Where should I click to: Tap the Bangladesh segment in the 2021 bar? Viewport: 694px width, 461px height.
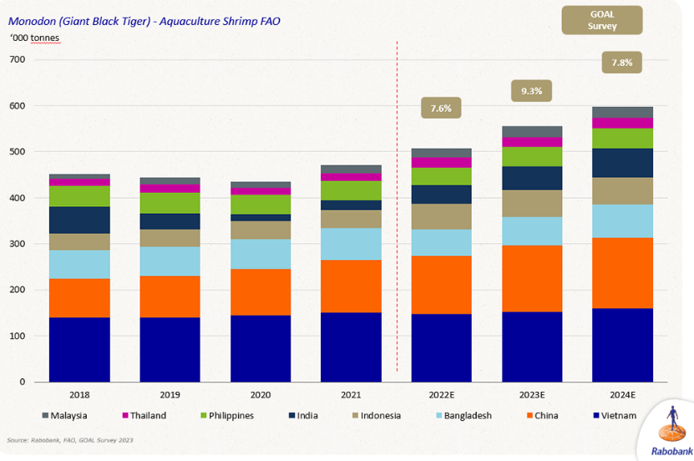[x=351, y=244]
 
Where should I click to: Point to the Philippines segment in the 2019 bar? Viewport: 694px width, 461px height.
[x=170, y=203]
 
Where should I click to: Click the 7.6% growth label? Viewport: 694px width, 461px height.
[x=441, y=108]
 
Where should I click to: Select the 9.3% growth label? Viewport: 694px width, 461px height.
[x=532, y=91]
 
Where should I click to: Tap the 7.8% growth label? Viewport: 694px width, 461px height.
[x=622, y=62]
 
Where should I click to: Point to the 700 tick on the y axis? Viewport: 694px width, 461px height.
[x=18, y=60]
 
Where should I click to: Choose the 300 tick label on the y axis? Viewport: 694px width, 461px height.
[x=18, y=244]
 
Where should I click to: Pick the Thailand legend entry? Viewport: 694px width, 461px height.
[x=144, y=415]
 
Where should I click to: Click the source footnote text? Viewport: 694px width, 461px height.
[x=70, y=439]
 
